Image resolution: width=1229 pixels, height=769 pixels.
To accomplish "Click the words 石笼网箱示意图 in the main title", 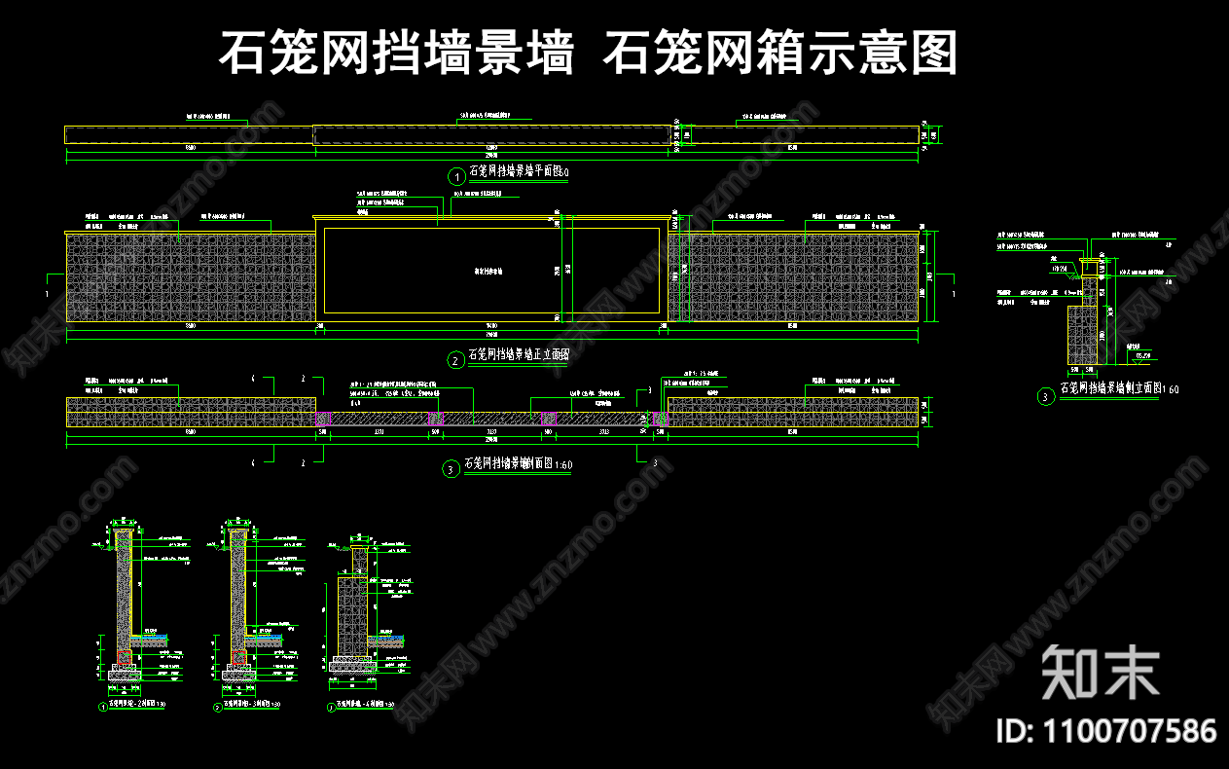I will pos(780,53).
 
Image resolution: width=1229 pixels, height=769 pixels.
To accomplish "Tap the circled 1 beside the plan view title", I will pos(455,176).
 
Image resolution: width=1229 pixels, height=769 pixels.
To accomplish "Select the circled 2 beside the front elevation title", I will pos(455,360).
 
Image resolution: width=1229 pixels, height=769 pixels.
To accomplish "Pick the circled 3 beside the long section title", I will pos(451,469).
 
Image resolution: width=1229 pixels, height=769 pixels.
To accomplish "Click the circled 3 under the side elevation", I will pos(1045,396).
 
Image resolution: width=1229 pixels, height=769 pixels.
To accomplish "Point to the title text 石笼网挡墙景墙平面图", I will pos(516,172).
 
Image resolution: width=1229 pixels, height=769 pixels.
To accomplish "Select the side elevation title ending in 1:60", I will pos(1118,388).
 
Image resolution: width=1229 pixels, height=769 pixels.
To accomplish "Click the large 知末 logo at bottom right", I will pos(1100,672).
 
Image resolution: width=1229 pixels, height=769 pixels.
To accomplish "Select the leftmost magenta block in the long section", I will pos(320,419).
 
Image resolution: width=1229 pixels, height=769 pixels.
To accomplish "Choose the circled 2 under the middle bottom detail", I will pos(218,708).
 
